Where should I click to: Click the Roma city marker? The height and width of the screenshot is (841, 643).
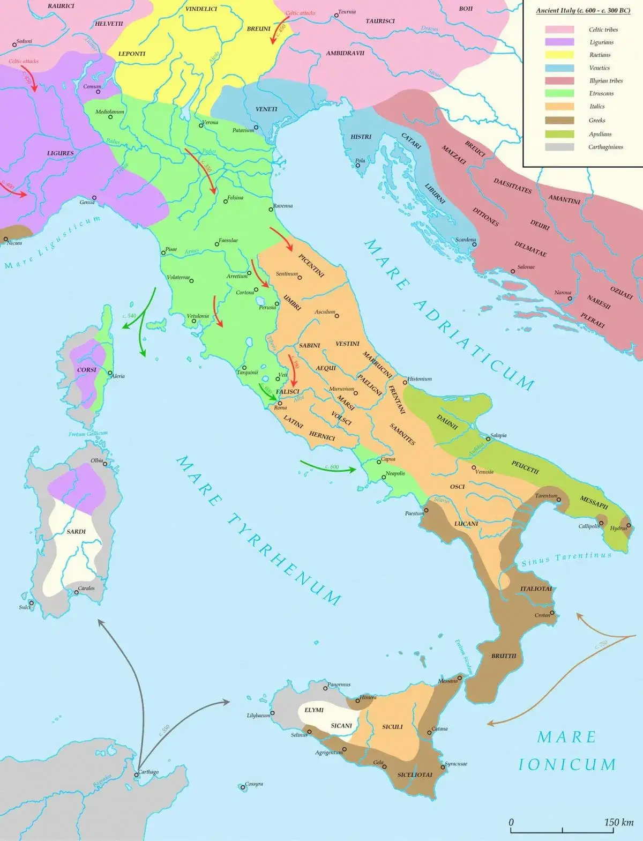coord(280,403)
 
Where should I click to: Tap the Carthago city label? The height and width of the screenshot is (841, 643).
coord(148,772)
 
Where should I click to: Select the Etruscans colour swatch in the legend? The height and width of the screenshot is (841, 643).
coord(559,93)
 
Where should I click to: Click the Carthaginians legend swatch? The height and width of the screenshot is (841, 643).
coord(559,147)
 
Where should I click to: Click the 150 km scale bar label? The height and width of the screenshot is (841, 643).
coord(619,822)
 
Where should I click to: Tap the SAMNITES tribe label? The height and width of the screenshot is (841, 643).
coord(402,434)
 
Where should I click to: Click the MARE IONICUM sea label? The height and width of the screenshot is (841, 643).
coord(567,750)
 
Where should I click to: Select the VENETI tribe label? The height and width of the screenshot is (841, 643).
coord(266,109)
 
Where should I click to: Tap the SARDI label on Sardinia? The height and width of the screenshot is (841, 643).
coord(76,531)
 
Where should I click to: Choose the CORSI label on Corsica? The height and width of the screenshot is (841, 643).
coord(86,369)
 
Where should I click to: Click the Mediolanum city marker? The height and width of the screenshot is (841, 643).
coord(110,117)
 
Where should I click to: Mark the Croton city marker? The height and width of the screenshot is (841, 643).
coord(552,613)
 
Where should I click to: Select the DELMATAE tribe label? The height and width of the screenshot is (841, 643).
coord(530,249)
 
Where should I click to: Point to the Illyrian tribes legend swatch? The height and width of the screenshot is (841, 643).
coord(559,80)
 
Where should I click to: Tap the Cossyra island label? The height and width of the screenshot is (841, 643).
coord(254,784)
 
